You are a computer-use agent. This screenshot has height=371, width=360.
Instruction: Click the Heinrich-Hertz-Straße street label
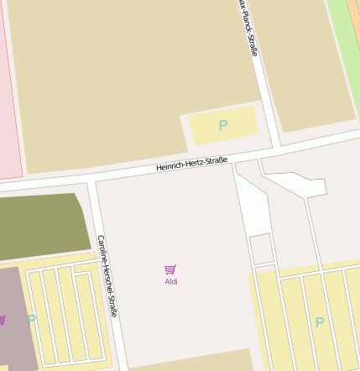click(x=191, y=163)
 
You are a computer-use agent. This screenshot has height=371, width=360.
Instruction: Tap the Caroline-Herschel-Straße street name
click(x=107, y=275)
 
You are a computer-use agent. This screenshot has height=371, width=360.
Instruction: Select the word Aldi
click(x=171, y=281)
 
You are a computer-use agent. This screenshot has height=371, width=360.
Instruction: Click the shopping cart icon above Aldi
click(x=170, y=269)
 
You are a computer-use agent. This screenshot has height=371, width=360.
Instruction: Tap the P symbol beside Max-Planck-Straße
click(x=223, y=125)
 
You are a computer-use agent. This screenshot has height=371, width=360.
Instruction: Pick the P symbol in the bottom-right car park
click(x=319, y=321)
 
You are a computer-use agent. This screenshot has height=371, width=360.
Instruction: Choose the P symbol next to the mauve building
click(x=32, y=319)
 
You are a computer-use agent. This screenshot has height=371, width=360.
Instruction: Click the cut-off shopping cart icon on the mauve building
click(x=3, y=319)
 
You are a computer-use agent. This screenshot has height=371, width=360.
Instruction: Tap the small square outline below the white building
click(x=261, y=248)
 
